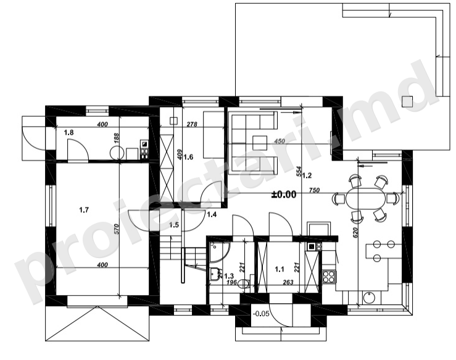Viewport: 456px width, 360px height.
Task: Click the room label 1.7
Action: click(84, 209)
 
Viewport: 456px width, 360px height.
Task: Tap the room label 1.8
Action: click(68, 133)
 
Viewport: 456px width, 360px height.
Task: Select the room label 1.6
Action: click(188, 157)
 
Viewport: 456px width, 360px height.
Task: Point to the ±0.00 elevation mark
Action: click(284, 195)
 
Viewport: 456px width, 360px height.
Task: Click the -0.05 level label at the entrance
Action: click(261, 314)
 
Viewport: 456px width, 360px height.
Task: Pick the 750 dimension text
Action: click(314, 190)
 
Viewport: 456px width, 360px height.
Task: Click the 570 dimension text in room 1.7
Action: click(117, 229)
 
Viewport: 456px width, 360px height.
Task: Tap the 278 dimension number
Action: click(192, 124)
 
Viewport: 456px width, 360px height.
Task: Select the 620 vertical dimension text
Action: click(355, 233)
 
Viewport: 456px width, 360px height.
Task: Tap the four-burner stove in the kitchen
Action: click(329, 276)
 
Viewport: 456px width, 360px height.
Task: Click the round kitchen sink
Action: click(369, 298)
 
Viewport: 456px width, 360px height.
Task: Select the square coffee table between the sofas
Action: click(260, 143)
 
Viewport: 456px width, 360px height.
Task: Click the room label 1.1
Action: click(280, 269)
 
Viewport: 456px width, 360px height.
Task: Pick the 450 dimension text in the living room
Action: click(280, 141)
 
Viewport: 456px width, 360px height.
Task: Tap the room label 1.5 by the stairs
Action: click(174, 225)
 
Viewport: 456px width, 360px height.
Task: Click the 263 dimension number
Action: click(288, 282)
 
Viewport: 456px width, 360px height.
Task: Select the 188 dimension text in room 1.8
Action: click(117, 138)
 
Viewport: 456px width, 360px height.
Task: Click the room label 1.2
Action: click(307, 175)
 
